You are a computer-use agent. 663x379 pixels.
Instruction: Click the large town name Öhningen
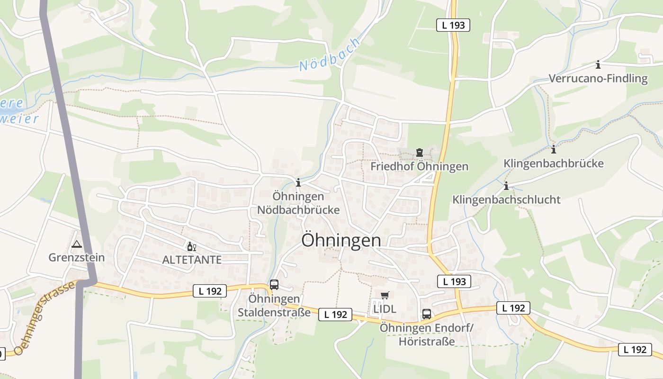(341, 240)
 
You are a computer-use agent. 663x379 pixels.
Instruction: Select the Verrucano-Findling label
(598, 78)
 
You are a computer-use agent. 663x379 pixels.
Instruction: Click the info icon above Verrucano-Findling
(598, 64)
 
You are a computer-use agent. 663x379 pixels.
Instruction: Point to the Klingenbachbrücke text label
(554, 163)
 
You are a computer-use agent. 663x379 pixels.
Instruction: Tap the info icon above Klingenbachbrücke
(554, 150)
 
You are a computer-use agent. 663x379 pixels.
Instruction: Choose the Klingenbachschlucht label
(506, 199)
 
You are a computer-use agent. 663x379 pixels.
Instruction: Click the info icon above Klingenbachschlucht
(506, 186)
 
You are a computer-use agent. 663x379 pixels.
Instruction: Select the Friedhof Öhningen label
(419, 166)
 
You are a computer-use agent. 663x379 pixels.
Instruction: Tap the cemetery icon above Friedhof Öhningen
(419, 153)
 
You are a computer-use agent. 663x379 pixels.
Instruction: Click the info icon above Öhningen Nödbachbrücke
(298, 182)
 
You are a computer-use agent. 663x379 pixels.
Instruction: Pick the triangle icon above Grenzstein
(76, 244)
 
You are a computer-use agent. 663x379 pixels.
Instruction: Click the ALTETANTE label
(192, 260)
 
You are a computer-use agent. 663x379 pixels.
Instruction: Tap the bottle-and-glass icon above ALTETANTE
(192, 246)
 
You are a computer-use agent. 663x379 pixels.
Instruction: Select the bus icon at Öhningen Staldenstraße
(274, 285)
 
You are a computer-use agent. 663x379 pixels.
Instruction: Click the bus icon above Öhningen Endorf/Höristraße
(427, 314)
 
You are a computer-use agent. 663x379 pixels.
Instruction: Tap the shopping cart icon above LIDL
(385, 295)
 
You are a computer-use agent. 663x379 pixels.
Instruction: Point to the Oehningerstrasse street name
(45, 318)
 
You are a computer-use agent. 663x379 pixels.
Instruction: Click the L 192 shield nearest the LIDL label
(335, 314)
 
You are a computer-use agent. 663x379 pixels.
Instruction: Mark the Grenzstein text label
(76, 257)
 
